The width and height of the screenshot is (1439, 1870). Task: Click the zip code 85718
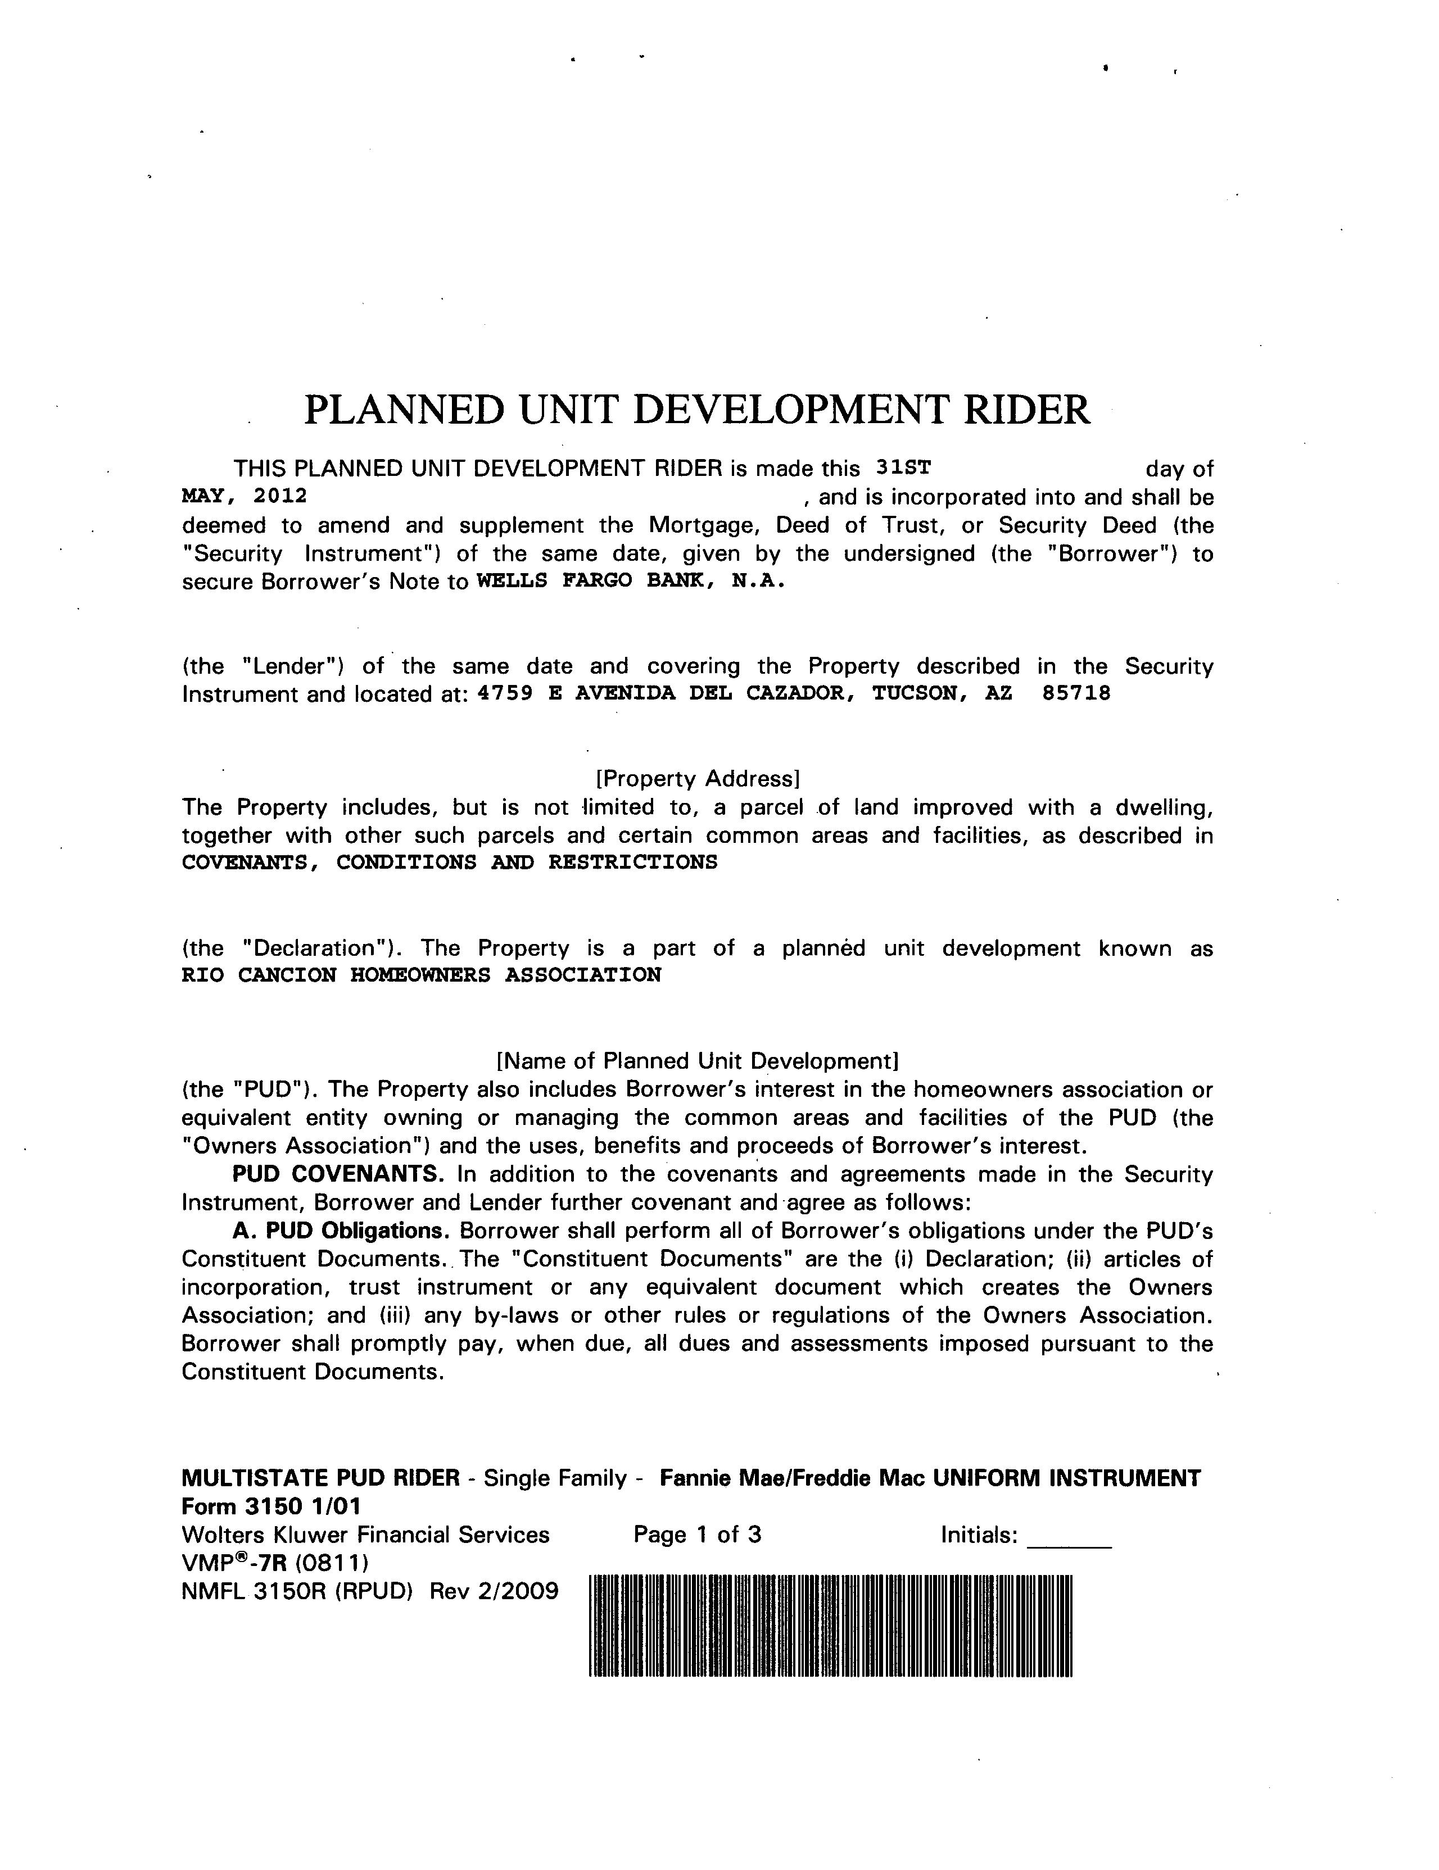1076,693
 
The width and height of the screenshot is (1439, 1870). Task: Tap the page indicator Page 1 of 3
697,1535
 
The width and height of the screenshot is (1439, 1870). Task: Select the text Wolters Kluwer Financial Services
366,1535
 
